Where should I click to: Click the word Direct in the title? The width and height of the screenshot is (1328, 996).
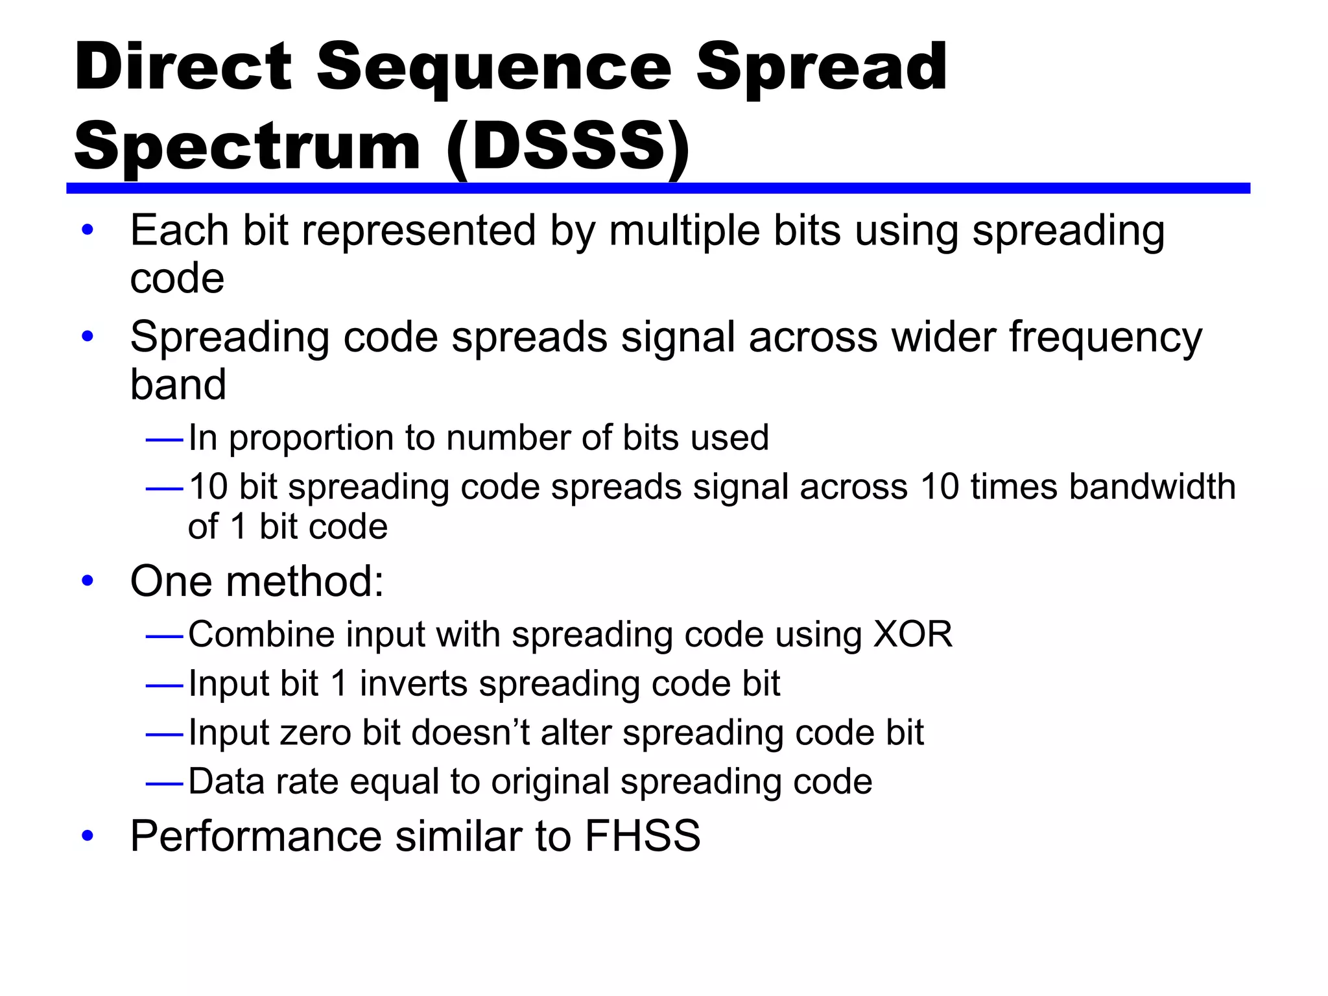(x=184, y=67)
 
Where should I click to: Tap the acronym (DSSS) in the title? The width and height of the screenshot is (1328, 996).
(x=568, y=147)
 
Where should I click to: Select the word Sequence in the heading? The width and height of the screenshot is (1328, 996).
(x=494, y=67)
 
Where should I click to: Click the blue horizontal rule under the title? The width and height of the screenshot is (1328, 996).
(x=658, y=188)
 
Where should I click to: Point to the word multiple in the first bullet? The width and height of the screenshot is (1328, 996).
(x=683, y=231)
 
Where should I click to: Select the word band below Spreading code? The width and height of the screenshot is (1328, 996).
(x=178, y=385)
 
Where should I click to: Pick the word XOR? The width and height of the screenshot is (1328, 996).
(x=913, y=634)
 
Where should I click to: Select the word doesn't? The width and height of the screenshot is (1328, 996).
(x=470, y=733)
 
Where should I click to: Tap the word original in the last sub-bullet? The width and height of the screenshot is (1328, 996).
(x=550, y=781)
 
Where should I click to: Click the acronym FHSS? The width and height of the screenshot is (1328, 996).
(x=642, y=836)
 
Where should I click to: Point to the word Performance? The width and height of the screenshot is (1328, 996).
(x=255, y=836)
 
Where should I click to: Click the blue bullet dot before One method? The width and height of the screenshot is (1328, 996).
(x=88, y=581)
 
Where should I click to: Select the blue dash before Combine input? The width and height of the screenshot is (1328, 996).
(x=165, y=637)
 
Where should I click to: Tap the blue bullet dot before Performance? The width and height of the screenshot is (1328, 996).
(x=88, y=836)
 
